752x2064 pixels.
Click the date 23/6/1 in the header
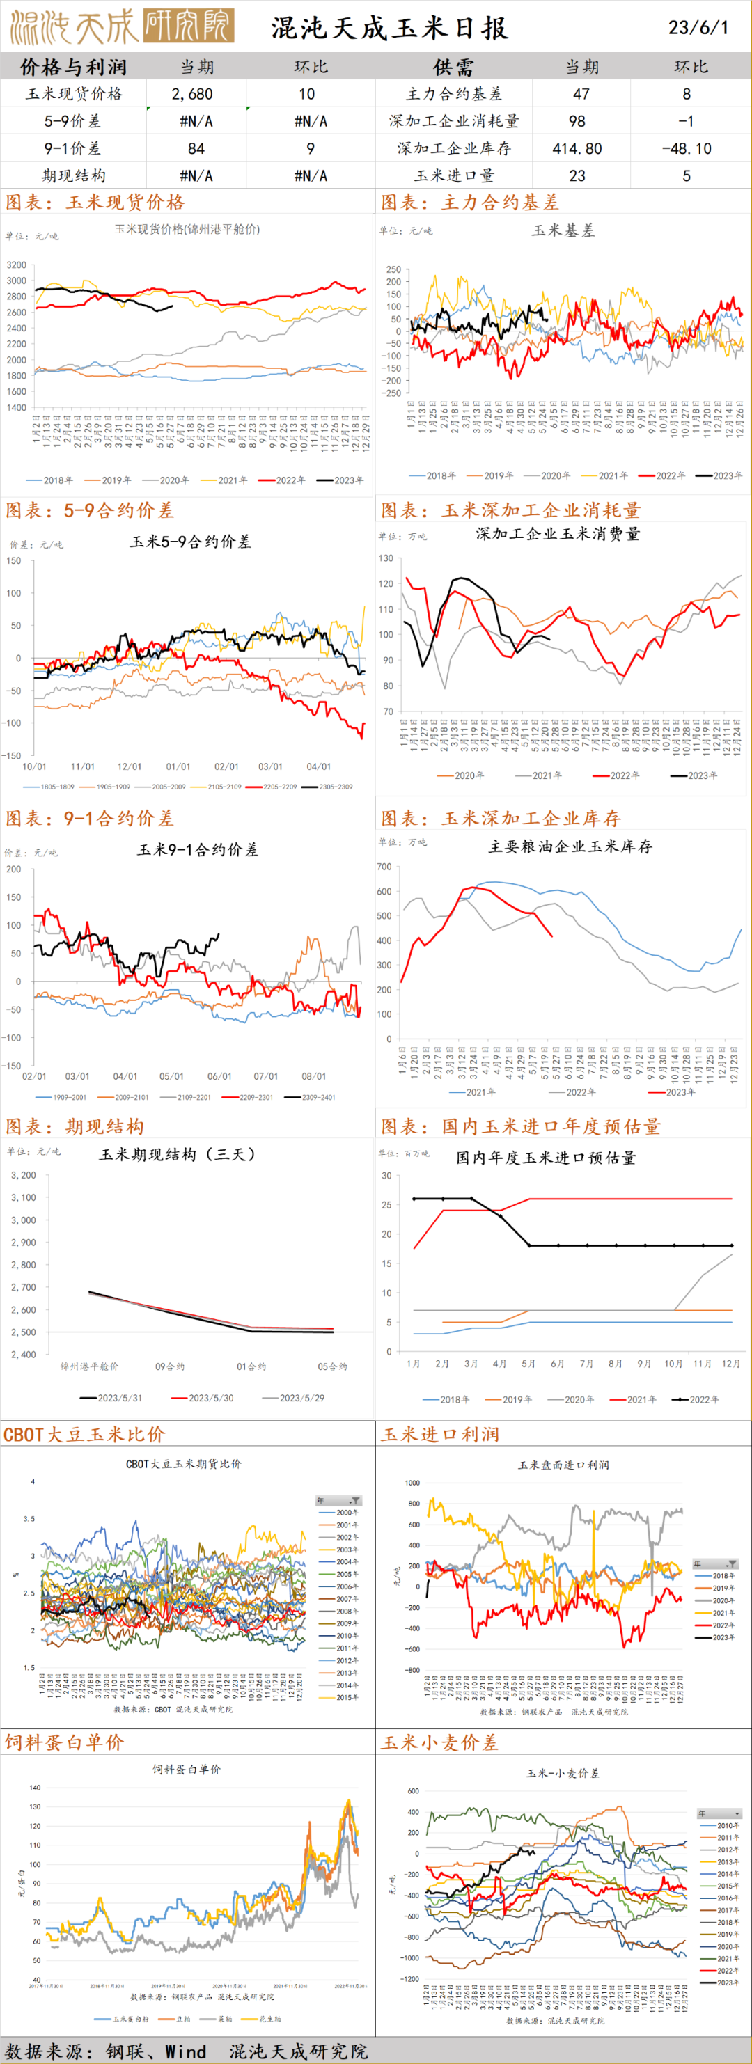[698, 27]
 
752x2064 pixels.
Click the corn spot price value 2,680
[192, 94]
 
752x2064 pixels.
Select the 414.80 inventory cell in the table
[577, 148]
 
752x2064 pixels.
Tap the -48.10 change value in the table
[687, 148]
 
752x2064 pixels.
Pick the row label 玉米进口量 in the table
[455, 175]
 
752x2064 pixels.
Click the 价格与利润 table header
[73, 67]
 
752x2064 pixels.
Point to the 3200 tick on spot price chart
[16, 265]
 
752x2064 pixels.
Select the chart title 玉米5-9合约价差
[191, 542]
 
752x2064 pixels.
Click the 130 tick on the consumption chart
[386, 558]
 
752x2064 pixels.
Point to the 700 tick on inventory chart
[384, 866]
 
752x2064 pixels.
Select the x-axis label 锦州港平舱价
[89, 1366]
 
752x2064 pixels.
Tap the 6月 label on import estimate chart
[557, 1363]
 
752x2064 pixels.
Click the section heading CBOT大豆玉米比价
[84, 1433]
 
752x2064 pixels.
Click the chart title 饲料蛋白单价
[187, 1768]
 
